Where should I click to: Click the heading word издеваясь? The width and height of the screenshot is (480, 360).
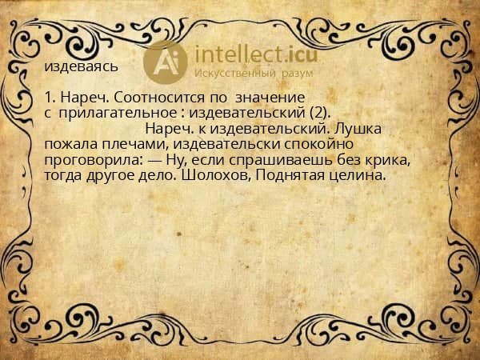click(82, 66)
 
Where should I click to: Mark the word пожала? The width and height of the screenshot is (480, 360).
click(68, 144)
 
